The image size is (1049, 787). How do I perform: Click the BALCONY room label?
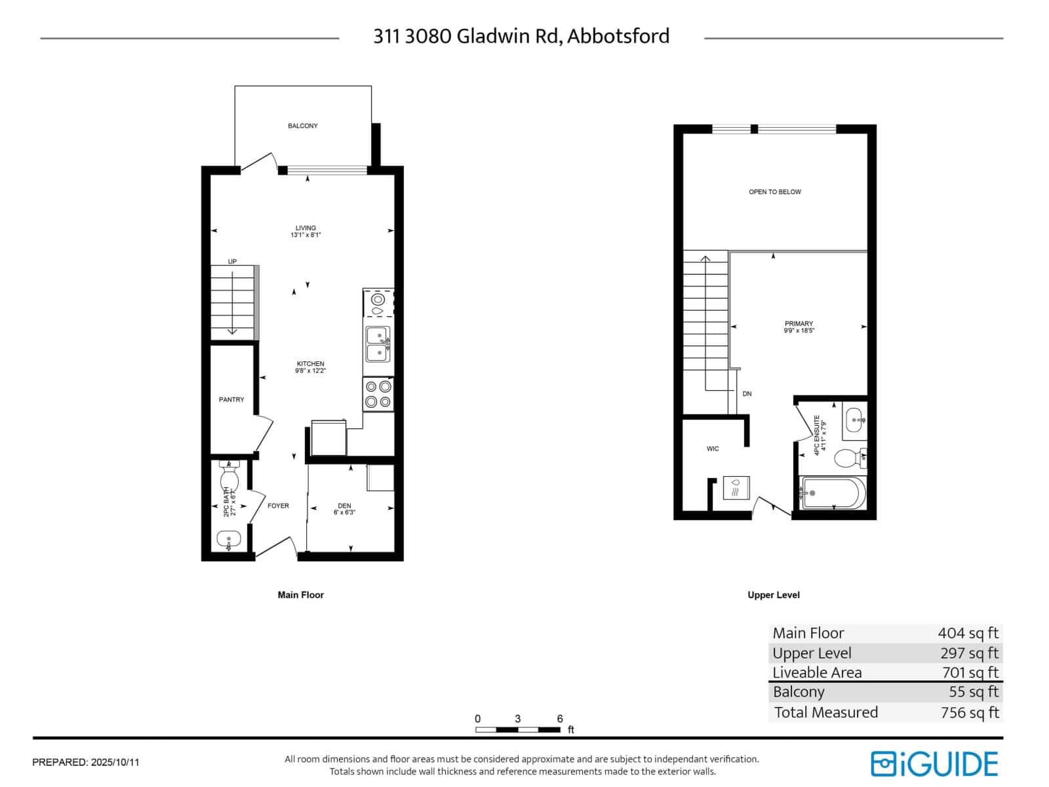[302, 126]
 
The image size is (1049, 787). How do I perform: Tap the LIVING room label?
[306, 228]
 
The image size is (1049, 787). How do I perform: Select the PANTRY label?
[231, 399]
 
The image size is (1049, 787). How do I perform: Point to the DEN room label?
[344, 506]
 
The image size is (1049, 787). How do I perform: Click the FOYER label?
[278, 506]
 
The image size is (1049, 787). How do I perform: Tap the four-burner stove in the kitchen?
[378, 394]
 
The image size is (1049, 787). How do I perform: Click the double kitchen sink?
[377, 344]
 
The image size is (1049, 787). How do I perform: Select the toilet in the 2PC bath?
[229, 477]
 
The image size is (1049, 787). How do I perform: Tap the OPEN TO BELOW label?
[775, 192]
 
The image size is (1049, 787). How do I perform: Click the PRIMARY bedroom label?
[799, 324]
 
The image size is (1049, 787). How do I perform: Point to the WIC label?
[713, 449]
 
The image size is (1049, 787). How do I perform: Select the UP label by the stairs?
[232, 262]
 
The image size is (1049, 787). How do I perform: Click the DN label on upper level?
[747, 394]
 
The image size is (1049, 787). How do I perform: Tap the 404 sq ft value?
[968, 633]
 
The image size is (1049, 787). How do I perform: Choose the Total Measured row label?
[826, 712]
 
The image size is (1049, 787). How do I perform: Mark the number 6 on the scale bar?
[560, 719]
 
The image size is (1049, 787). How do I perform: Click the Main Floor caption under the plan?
[301, 595]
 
